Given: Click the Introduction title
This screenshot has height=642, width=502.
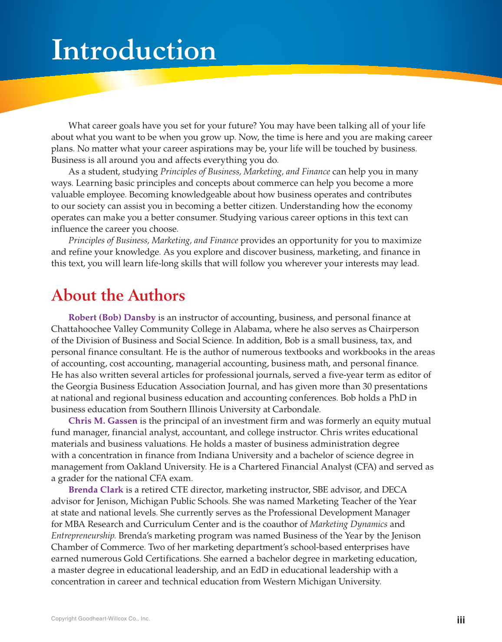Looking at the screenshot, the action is pyautogui.click(x=133, y=50).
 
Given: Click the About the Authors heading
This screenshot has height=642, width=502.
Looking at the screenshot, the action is pyautogui.click(x=118, y=296).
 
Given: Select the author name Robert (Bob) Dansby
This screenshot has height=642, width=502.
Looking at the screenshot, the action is pyautogui.click(x=112, y=318).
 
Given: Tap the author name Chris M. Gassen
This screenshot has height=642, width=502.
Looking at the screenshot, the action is pyautogui.click(x=102, y=421).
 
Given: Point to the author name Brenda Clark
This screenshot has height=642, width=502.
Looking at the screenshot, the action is pyautogui.click(x=96, y=490).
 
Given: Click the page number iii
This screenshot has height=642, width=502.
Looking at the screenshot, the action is pyautogui.click(x=461, y=620).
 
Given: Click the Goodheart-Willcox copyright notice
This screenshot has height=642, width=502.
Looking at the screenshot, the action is pyautogui.click(x=100, y=619).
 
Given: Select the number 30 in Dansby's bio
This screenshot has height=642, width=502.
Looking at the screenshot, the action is pyautogui.click(x=367, y=386).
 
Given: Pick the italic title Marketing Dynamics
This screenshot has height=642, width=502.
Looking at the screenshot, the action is pyautogui.click(x=348, y=524).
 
